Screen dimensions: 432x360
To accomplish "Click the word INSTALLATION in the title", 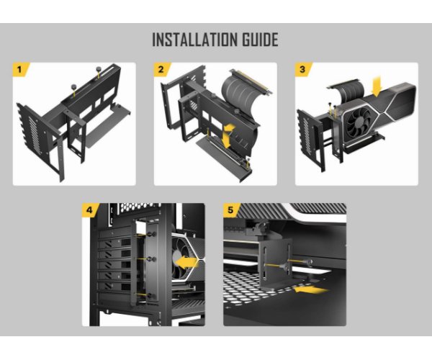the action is (x=195, y=40).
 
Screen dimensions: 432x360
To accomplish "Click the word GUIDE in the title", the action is (x=260, y=40).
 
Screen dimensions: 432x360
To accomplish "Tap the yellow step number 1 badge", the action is (x=20, y=69).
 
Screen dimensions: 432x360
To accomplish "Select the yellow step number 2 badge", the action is (x=161, y=69).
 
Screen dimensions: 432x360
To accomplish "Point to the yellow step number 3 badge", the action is (x=302, y=69).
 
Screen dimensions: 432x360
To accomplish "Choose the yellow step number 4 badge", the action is (x=90, y=210).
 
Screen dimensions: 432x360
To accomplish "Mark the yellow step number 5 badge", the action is (x=231, y=210).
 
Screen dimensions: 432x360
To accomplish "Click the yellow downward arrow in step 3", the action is (x=376, y=86).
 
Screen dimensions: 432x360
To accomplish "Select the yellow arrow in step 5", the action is (x=311, y=289).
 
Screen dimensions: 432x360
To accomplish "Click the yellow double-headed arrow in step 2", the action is (x=228, y=136).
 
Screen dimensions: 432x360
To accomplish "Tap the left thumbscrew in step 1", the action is (x=74, y=87).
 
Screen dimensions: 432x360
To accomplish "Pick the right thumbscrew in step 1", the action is (x=99, y=69).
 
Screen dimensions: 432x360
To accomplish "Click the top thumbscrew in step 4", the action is (x=151, y=235).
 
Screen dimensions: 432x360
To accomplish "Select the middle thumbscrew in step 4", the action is (x=150, y=259).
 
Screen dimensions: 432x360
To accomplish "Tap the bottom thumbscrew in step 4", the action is (x=150, y=296).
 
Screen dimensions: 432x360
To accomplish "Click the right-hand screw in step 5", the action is (x=309, y=261).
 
